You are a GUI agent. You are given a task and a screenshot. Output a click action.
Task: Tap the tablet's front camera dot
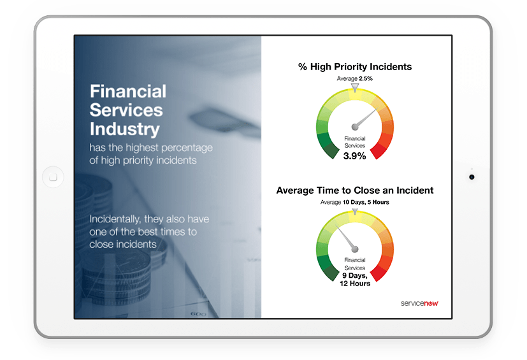(x=472, y=176)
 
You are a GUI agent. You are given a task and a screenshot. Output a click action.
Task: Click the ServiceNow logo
(x=419, y=303)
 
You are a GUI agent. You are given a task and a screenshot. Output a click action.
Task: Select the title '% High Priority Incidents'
(x=355, y=67)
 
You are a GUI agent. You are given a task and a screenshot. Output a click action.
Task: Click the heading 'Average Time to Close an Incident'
(x=355, y=190)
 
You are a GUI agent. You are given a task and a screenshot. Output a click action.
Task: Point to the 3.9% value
(x=355, y=156)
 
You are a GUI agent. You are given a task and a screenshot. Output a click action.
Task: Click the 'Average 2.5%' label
(x=355, y=78)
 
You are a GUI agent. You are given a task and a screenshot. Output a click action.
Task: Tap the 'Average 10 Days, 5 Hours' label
(x=355, y=202)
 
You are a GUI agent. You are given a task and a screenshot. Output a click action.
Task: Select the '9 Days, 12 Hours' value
(x=355, y=279)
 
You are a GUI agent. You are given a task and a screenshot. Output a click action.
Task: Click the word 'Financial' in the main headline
(x=127, y=91)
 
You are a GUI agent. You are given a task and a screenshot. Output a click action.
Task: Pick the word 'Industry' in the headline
(x=124, y=129)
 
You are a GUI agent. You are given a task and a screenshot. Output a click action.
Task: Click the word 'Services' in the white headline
(x=126, y=110)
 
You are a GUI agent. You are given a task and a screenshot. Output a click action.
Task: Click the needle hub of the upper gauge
(x=355, y=126)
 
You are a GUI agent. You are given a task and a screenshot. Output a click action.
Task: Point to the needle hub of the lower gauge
(x=355, y=248)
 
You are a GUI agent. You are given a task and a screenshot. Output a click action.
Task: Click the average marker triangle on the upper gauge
(x=355, y=85)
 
